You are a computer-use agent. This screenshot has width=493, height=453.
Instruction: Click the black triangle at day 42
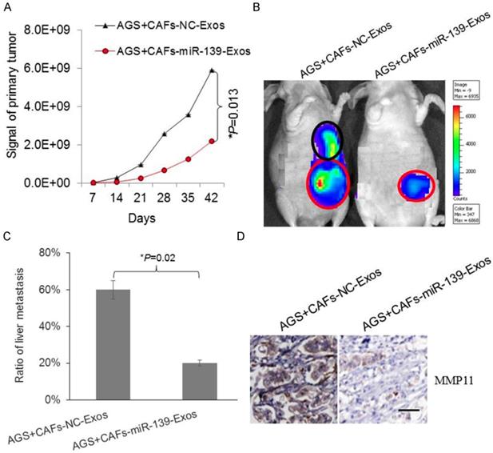(x=212, y=70)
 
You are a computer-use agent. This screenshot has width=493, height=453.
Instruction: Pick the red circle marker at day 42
(x=212, y=141)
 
